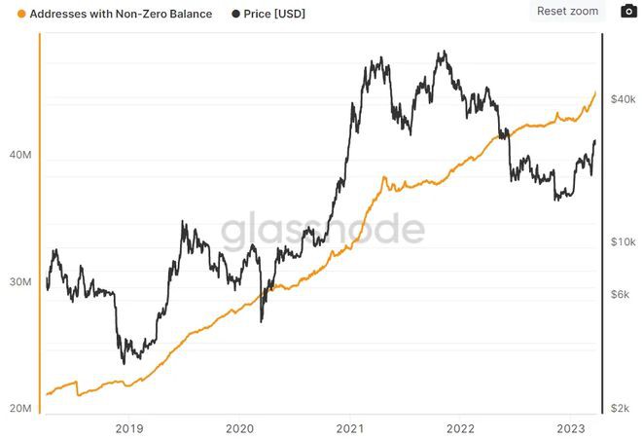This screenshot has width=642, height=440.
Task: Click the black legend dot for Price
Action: tap(236, 15)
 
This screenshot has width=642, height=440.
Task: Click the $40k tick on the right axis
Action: tap(623, 99)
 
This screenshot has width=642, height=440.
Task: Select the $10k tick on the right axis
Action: tap(623, 241)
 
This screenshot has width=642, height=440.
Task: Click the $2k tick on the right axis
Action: tap(621, 409)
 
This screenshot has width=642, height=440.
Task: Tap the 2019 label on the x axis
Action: tap(129, 427)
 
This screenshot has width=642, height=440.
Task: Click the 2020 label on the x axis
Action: tap(240, 427)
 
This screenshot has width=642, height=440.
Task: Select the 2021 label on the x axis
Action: tap(350, 427)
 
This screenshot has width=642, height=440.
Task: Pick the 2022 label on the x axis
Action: tap(460, 427)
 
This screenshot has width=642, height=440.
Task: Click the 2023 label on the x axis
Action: tap(571, 427)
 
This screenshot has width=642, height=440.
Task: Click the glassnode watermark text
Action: tap(322, 231)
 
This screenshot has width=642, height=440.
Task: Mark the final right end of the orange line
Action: tap(595, 92)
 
